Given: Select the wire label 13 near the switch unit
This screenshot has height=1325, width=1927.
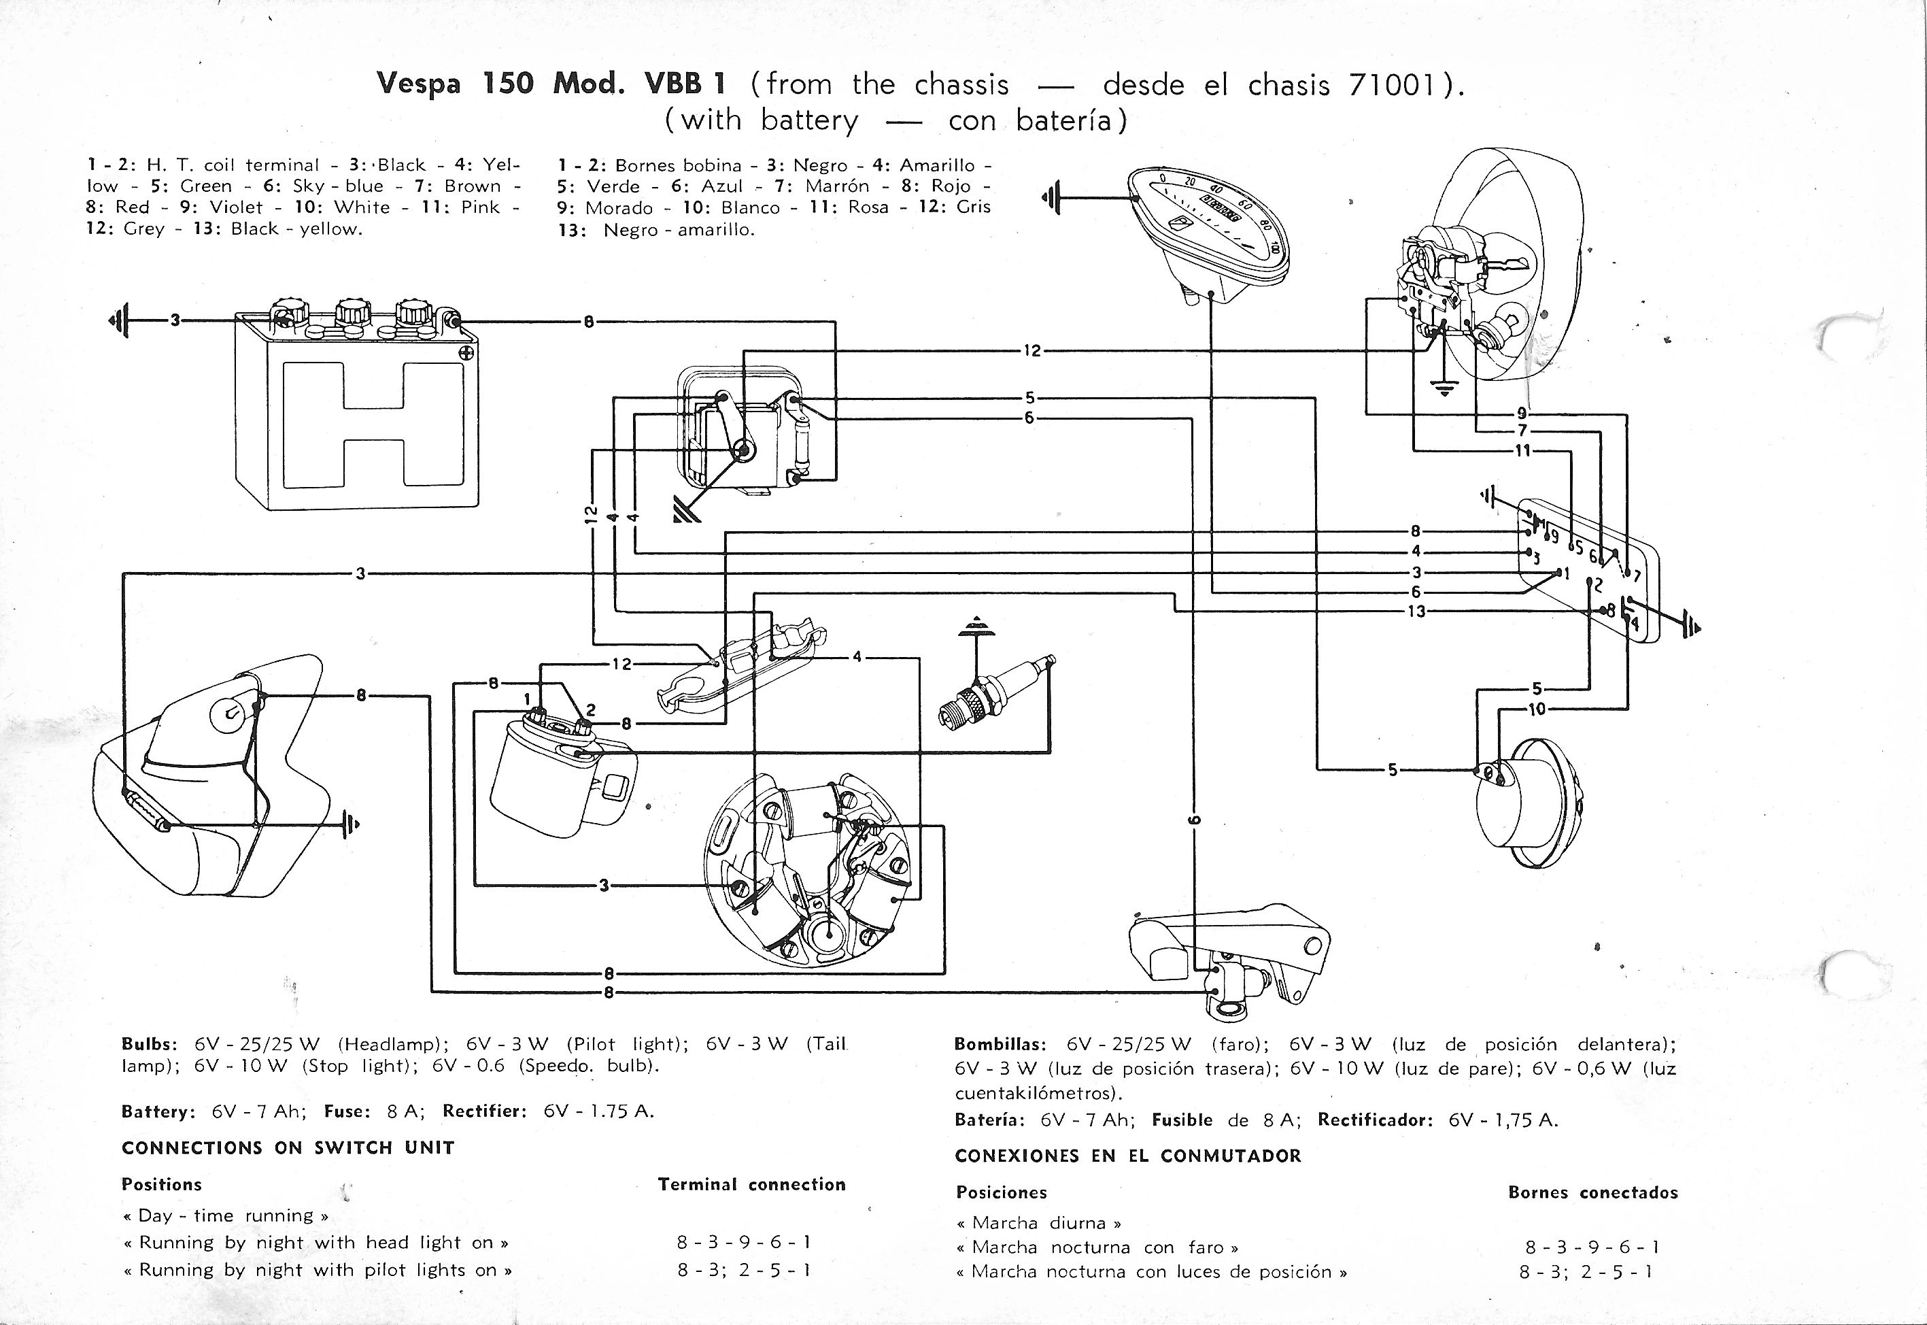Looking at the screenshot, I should tap(1416, 611).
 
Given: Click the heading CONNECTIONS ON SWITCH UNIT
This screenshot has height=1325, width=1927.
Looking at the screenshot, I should tap(288, 1147).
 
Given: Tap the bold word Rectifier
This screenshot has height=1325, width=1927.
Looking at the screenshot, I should tap(484, 1111).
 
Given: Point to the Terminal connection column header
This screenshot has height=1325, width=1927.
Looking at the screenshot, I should tap(752, 1185).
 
